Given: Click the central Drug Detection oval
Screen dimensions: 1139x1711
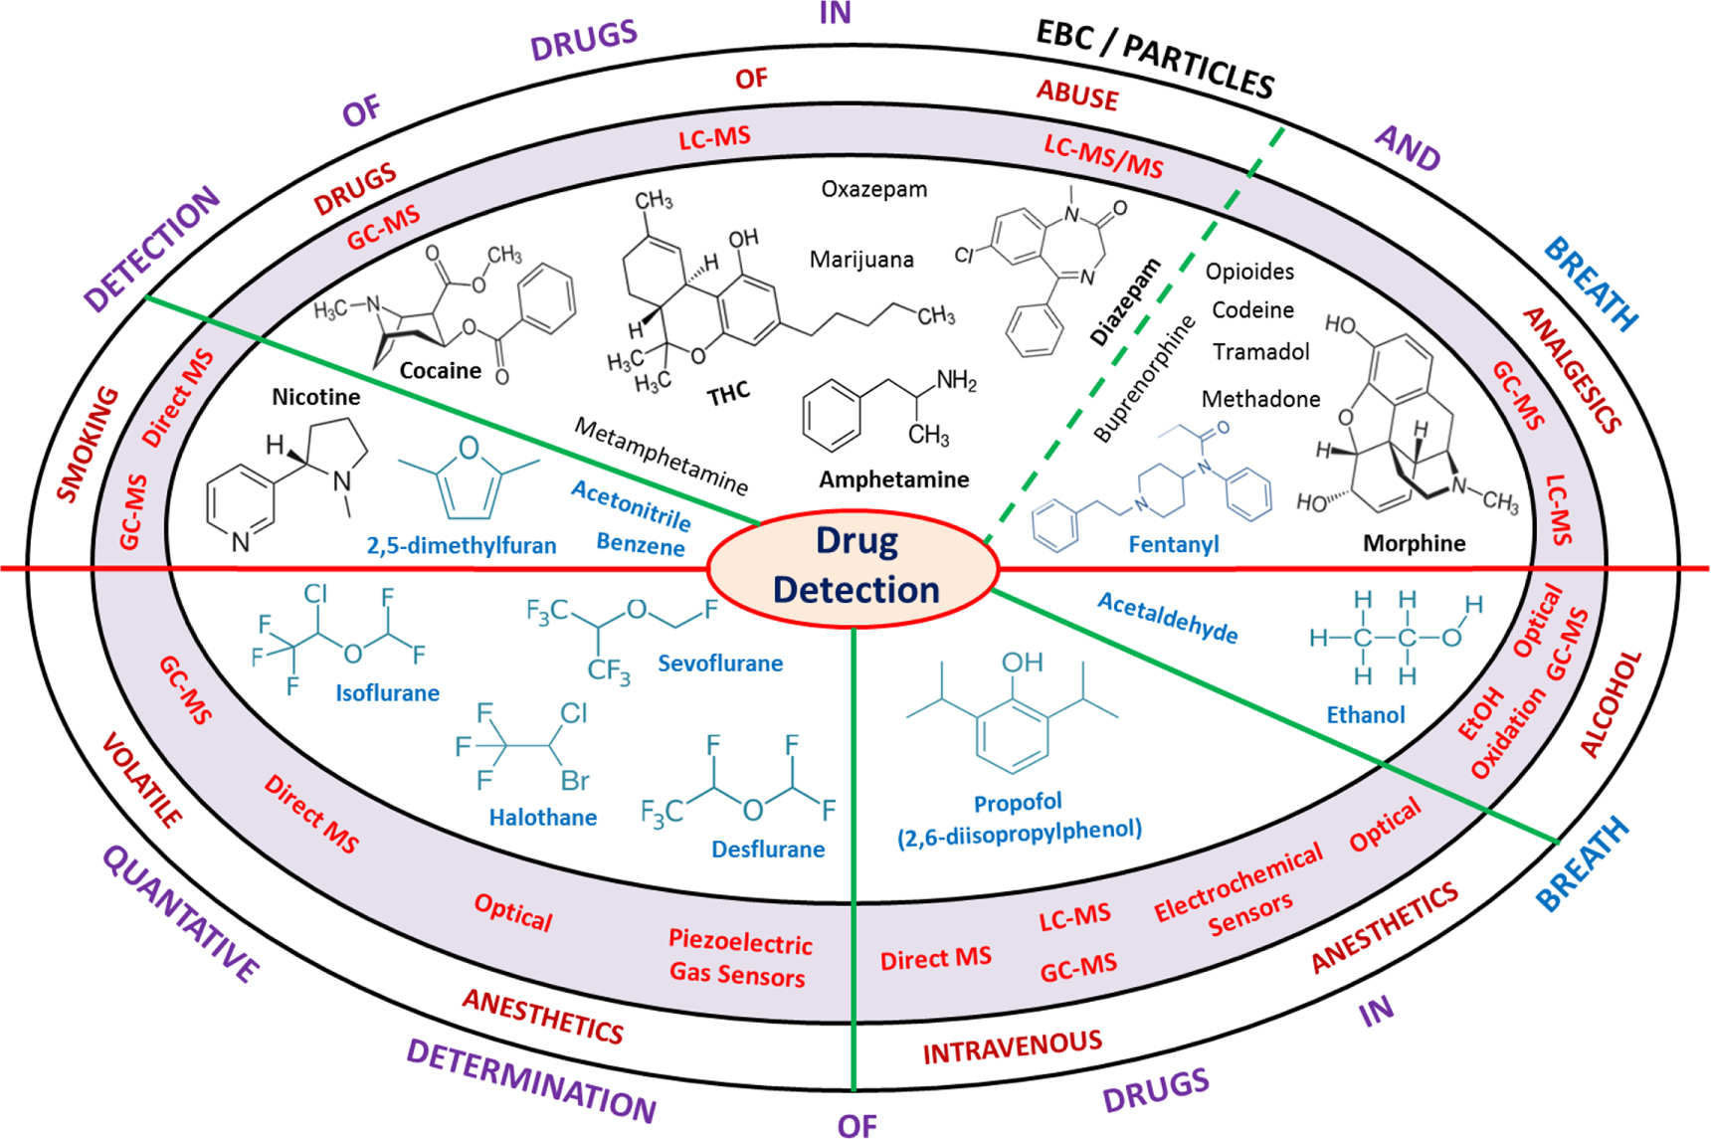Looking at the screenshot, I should pos(854,567).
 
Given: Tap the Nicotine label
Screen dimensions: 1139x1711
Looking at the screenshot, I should pos(316,397).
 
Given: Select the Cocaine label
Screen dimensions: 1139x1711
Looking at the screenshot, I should pos(440,371).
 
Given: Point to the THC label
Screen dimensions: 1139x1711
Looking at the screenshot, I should pos(728,394).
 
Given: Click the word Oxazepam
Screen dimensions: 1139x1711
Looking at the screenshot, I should pos(873,189).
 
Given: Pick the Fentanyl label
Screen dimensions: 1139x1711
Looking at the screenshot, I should pos(1173,544).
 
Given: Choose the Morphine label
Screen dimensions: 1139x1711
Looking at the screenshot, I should pos(1414,543).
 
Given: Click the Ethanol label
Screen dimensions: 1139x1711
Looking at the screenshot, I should pos(1365,714).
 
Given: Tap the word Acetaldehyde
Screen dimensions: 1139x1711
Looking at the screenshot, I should pos(1168,618).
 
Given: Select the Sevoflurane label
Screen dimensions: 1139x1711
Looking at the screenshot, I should pos(719,664).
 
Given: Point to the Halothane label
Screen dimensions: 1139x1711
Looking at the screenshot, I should pos(542,818).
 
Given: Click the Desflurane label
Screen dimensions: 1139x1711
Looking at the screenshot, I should pos(767,850).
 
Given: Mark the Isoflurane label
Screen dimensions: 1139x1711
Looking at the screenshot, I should pos(387,693).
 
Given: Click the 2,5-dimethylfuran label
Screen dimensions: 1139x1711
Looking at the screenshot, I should pos(461,546).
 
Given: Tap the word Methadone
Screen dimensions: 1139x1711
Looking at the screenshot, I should pos(1260,399).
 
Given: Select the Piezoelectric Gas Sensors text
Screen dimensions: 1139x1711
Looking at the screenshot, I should pos(739,959).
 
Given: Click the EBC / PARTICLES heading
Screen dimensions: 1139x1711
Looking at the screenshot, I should pos(1154,60).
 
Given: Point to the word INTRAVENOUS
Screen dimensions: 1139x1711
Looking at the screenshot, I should pos(1012,1047).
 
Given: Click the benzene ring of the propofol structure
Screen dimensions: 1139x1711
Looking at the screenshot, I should pos(1013,734).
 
